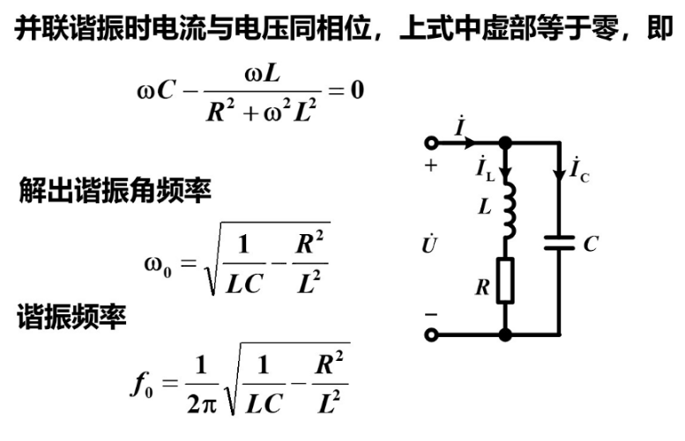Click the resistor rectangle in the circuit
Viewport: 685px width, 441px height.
tap(505, 281)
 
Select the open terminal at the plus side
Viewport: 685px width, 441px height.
tap(432, 143)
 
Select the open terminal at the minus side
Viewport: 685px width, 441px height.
tap(432, 334)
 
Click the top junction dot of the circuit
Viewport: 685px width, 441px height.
tap(505, 143)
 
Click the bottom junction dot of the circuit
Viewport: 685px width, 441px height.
tap(505, 334)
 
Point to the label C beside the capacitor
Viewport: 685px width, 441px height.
tap(590, 244)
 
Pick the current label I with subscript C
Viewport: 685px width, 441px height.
tap(579, 170)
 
